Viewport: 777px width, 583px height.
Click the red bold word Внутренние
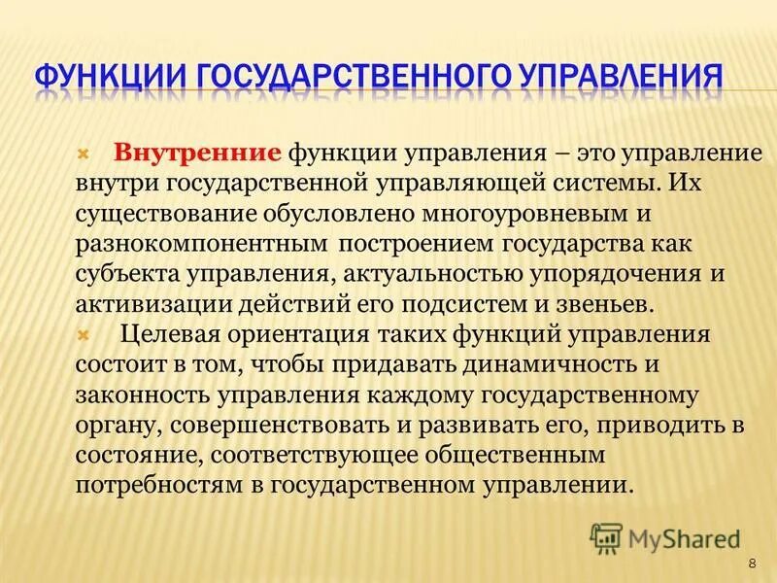pyautogui.click(x=198, y=154)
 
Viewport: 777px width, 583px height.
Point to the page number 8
pyautogui.click(x=752, y=565)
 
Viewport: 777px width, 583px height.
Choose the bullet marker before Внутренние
pyautogui.click(x=83, y=154)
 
